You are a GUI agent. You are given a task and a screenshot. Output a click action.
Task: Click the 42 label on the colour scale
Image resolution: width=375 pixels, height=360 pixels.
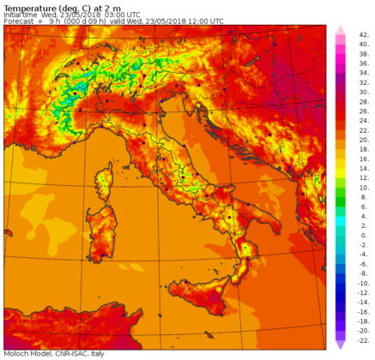[x=365, y=33]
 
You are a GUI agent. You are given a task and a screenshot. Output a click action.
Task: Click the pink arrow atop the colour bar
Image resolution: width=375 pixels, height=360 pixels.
[x=341, y=31]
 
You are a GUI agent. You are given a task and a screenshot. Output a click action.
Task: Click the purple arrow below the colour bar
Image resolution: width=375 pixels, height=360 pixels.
[x=341, y=344]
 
